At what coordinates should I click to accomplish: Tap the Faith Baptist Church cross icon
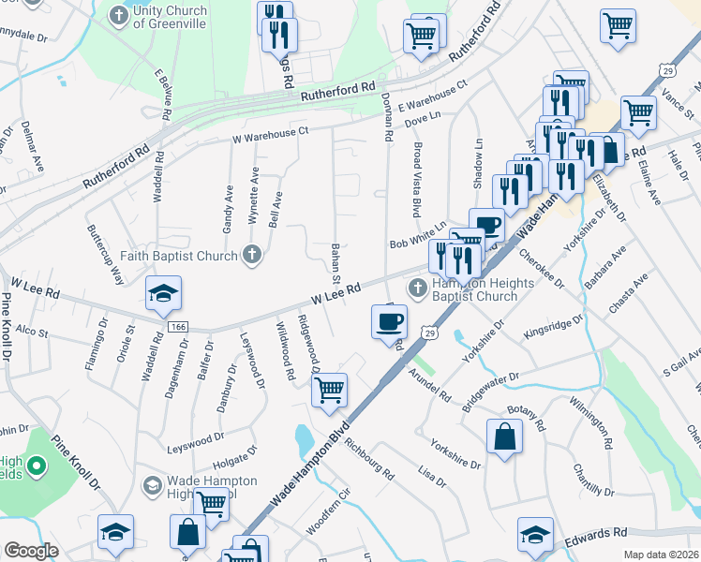coord(251,253)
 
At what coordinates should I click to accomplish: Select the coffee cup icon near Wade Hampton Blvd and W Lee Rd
coord(389,322)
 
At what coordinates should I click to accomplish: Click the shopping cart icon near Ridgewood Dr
coord(329,390)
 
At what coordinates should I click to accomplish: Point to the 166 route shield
coord(178,325)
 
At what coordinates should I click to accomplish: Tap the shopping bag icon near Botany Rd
coord(504,436)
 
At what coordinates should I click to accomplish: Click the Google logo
coord(31,551)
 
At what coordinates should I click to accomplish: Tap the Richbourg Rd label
coord(370,452)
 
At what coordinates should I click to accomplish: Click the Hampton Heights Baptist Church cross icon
coord(418,286)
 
